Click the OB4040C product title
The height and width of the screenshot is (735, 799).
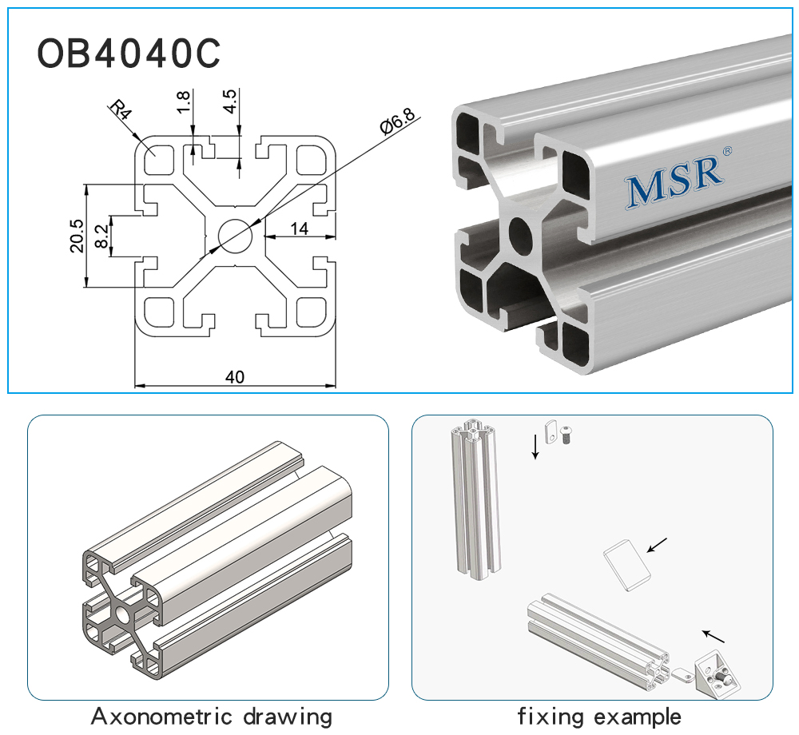pos(128,54)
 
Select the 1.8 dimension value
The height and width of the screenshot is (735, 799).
pos(183,101)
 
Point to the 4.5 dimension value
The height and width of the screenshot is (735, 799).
pos(230,101)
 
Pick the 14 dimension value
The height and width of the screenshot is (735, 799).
pos(299,228)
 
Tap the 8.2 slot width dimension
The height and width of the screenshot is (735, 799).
pos(101,236)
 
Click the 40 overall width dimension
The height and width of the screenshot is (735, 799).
pos(234,377)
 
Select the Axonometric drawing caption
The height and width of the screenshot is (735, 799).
pos(211,716)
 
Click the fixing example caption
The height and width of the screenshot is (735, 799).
pos(598,716)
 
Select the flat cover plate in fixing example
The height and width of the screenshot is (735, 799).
pos(626,565)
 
